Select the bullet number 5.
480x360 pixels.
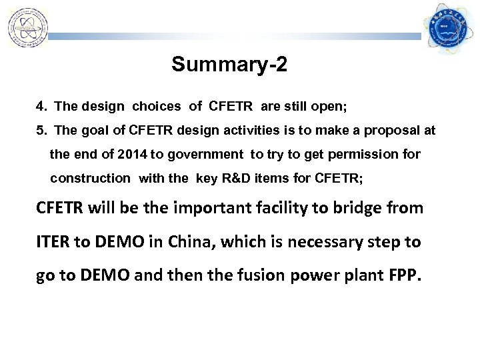(x=41, y=131)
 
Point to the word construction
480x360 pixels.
(x=90, y=179)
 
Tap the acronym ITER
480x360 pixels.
(x=53, y=241)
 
